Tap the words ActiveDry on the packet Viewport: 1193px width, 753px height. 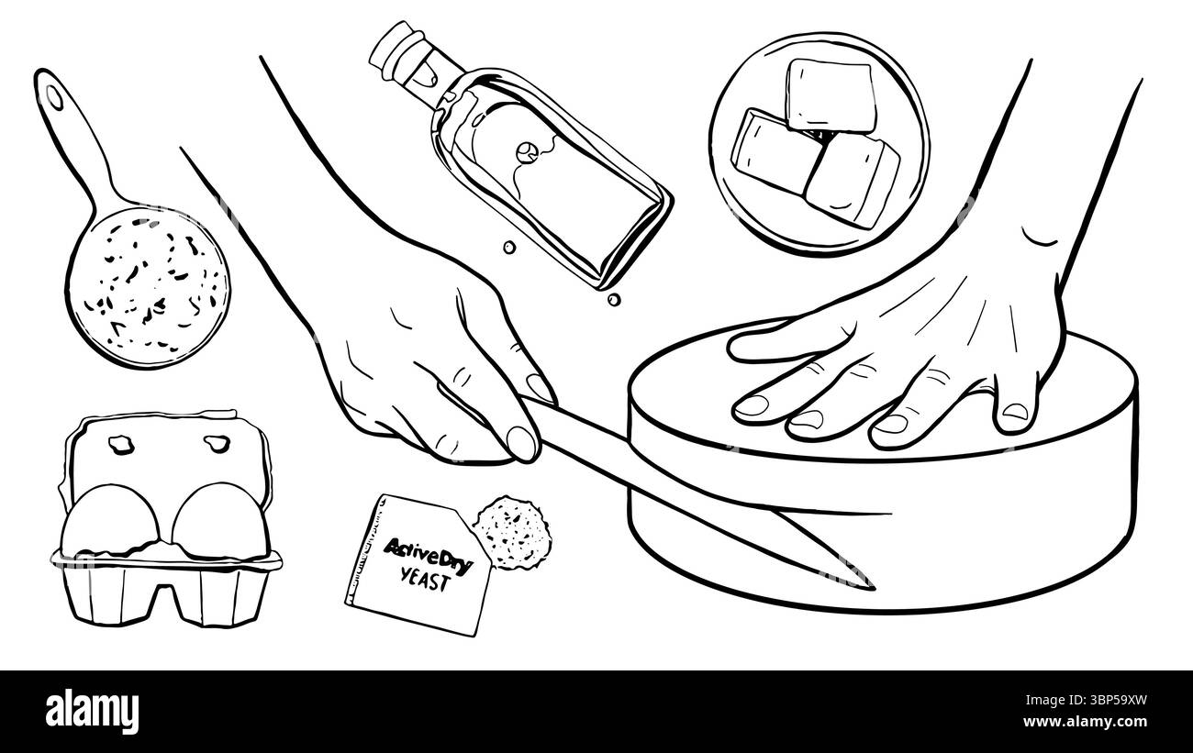click(427, 554)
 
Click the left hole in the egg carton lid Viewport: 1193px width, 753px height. click(118, 445)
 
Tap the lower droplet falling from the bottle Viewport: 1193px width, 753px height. click(609, 299)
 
